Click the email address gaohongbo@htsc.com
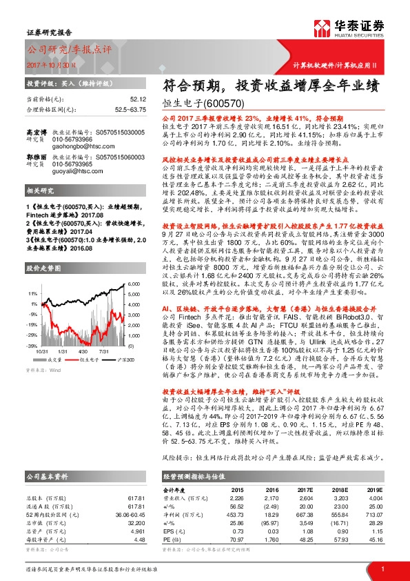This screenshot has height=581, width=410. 76,146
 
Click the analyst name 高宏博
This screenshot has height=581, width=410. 35,130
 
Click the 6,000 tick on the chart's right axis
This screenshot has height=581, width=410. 134,284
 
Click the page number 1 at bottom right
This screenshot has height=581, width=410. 381,568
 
